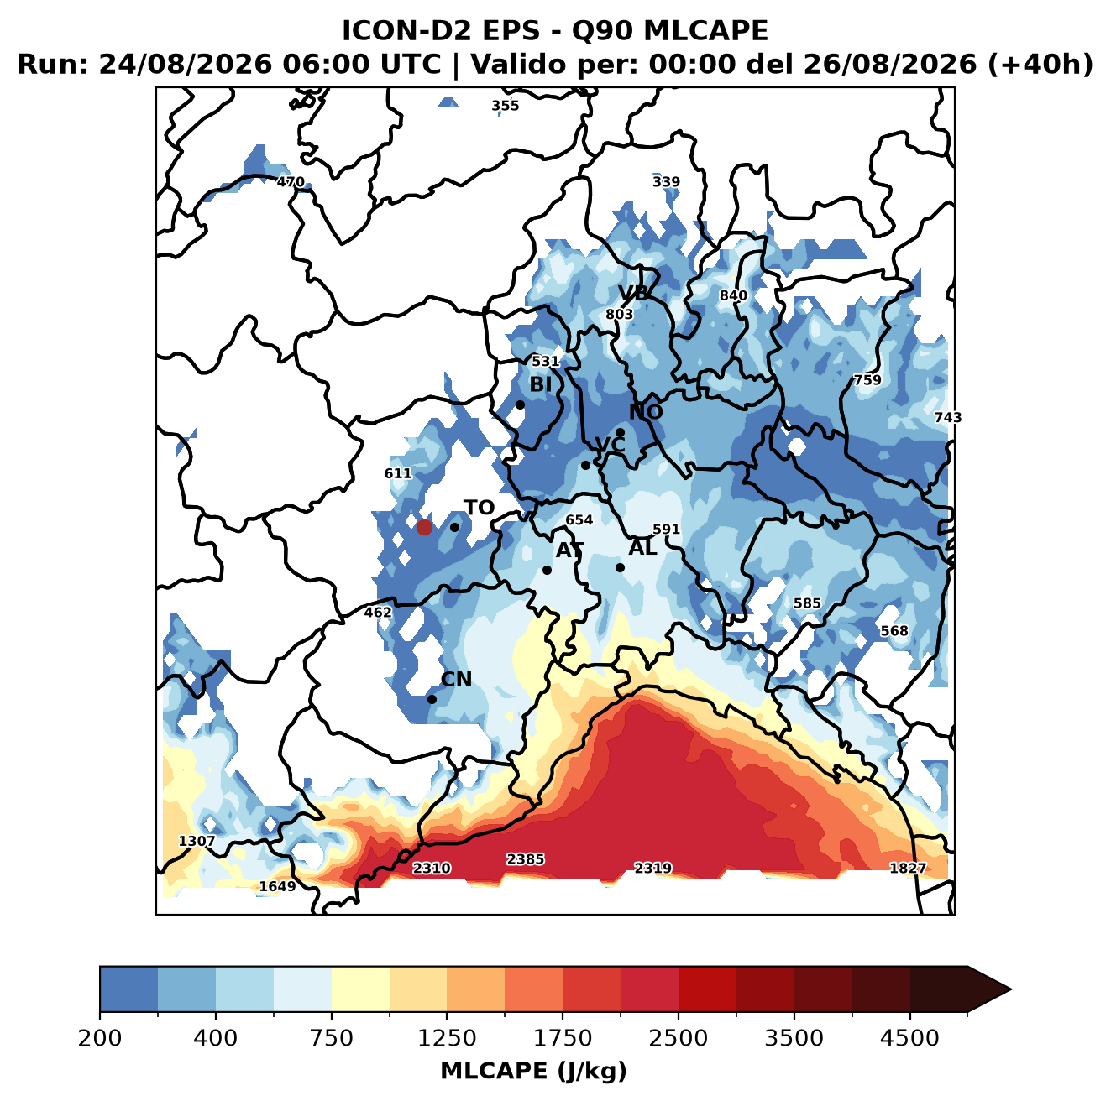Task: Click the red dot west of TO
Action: click(424, 527)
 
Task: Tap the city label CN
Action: click(456, 680)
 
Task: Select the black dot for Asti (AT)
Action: click(547, 571)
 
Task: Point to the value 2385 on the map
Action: click(525, 859)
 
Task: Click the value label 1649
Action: click(277, 886)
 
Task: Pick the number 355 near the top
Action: click(505, 106)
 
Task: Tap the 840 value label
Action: click(733, 295)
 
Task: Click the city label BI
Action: click(540, 384)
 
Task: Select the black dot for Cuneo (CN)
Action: click(432, 699)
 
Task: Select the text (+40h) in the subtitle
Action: click(1040, 65)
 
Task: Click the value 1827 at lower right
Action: click(908, 868)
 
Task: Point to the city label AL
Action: click(642, 547)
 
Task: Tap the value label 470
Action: click(290, 182)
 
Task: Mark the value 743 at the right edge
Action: click(948, 417)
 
